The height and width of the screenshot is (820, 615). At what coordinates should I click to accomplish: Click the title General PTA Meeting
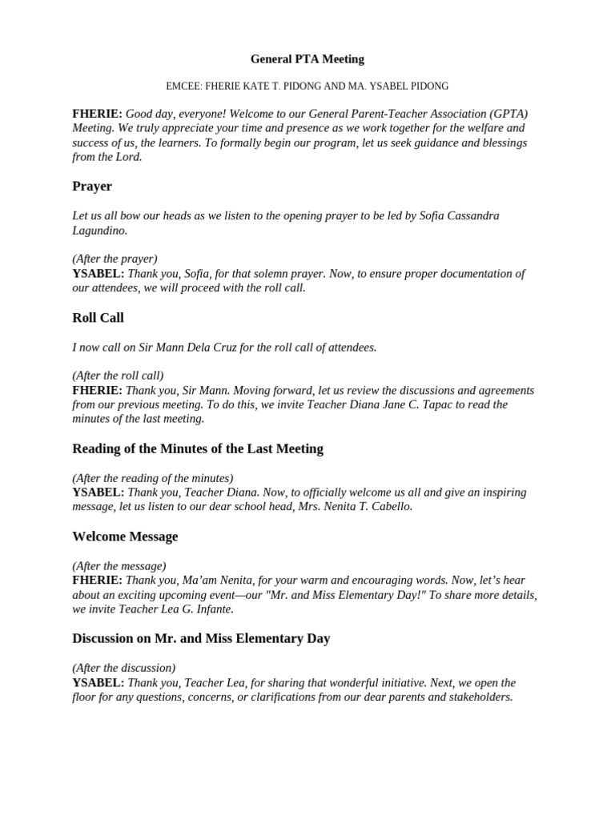pyautogui.click(x=307, y=59)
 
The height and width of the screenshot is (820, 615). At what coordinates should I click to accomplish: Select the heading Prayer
pyautogui.click(x=92, y=187)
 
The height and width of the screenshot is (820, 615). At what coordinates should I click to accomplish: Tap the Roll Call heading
pyautogui.click(x=98, y=318)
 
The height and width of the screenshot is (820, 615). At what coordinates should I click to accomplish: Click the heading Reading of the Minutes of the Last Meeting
pyautogui.click(x=198, y=449)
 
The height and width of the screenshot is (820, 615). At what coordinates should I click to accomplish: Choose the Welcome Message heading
pyautogui.click(x=125, y=537)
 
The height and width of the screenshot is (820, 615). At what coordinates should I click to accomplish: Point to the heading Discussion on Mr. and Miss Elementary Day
pyautogui.click(x=201, y=639)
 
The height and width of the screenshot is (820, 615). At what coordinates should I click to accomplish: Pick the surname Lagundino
pyautogui.click(x=99, y=231)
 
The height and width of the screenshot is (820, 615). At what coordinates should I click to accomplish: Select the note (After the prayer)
pyautogui.click(x=115, y=259)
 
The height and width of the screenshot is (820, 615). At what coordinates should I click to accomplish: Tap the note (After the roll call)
pyautogui.click(x=118, y=376)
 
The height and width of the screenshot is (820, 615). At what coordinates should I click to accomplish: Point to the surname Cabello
pyautogui.click(x=390, y=507)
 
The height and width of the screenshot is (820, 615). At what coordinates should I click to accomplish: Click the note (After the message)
pyautogui.click(x=119, y=566)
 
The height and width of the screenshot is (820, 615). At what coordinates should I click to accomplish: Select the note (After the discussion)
pyautogui.click(x=123, y=668)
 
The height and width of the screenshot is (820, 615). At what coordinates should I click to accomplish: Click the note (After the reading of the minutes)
pyautogui.click(x=152, y=478)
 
